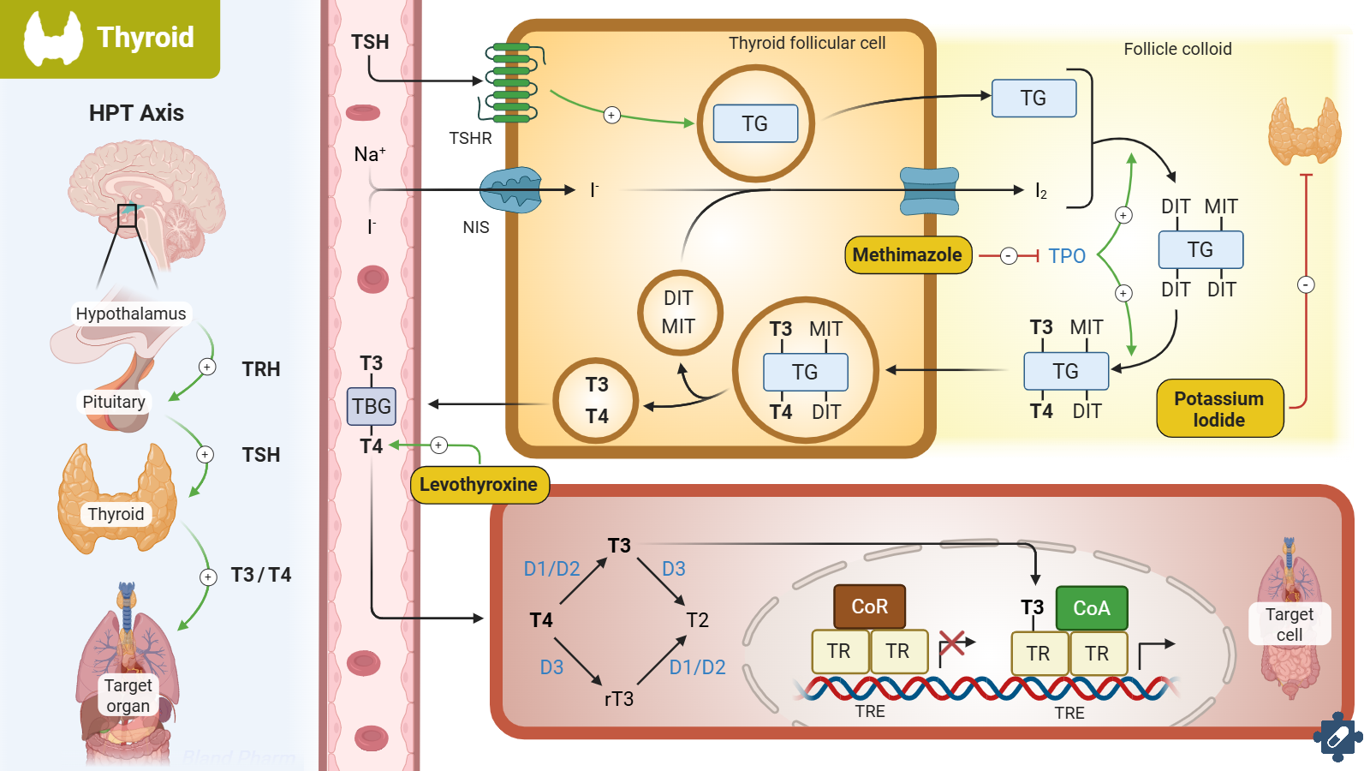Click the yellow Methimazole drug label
coord(908,255)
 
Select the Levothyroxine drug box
coord(479,485)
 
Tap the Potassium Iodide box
coord(1219,409)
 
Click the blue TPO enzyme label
coord(1067,256)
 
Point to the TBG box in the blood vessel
coord(372,406)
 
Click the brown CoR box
coord(869,607)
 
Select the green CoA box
coord(1092,608)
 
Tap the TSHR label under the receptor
coord(470,138)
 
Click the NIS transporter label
coord(476,227)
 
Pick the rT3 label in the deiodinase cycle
coord(618,699)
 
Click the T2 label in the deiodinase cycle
coord(697,620)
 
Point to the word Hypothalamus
coord(131,314)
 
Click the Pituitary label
coord(114,402)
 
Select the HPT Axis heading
coord(136,113)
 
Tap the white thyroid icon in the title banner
coord(53,39)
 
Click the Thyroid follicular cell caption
coord(807,43)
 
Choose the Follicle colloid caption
coord(1177,49)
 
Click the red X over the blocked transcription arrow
coord(952,642)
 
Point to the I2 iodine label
coord(1041,191)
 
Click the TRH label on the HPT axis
coord(261,369)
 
